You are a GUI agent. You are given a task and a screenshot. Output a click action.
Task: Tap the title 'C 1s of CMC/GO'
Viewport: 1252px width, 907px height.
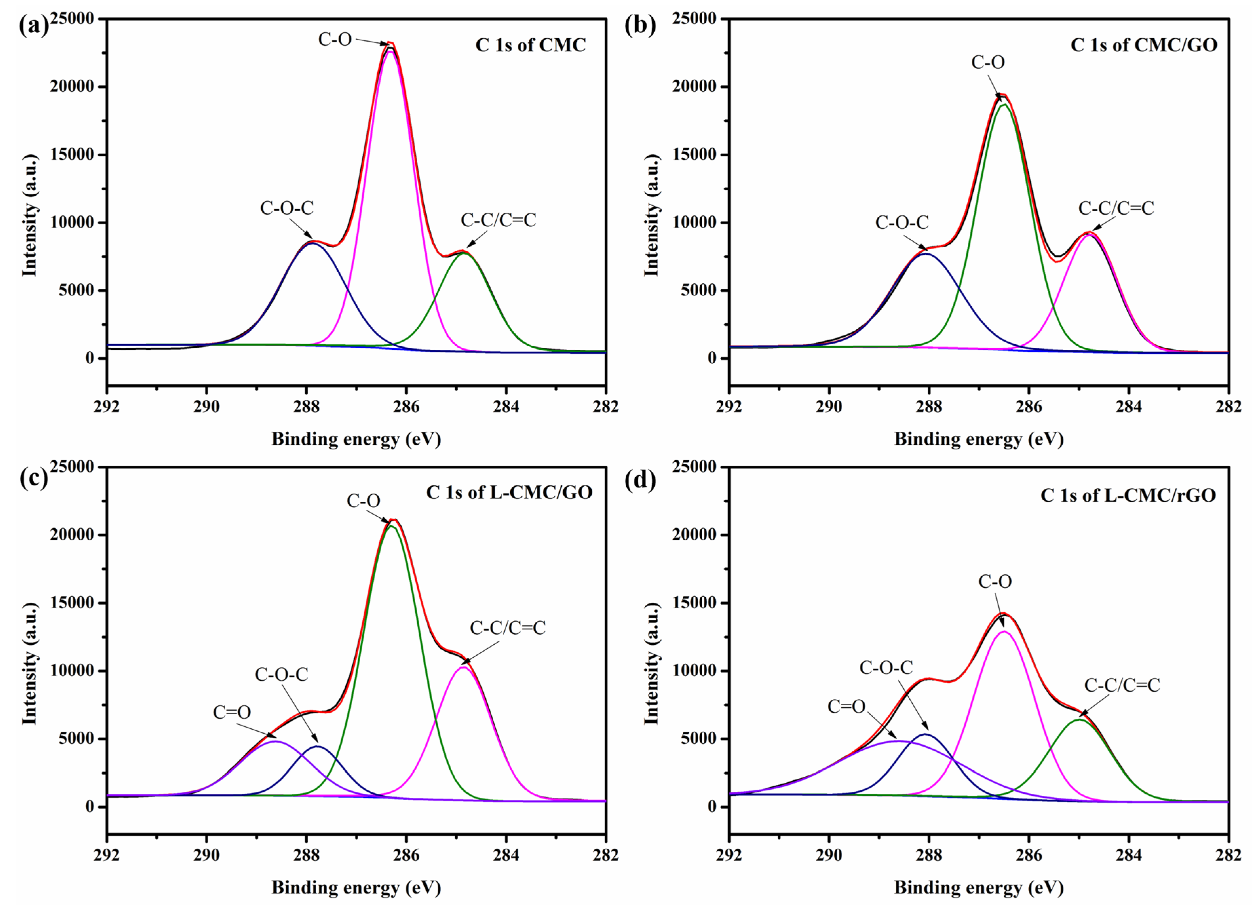1144,45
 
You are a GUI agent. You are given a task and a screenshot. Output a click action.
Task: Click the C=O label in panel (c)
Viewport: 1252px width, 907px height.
232,712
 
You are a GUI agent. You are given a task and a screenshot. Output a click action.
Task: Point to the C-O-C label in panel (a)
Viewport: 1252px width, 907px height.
286,208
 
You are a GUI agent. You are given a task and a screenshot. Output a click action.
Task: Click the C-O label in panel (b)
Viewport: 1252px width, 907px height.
988,62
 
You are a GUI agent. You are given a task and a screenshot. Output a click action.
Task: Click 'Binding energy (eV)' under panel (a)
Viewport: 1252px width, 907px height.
356,439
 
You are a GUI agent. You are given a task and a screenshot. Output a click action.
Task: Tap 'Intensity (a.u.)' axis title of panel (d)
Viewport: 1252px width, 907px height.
651,664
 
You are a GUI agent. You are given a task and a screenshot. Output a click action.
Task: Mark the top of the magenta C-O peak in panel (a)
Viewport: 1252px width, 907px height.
390,51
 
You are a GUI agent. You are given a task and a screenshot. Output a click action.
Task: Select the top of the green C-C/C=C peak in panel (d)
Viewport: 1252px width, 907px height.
1079,719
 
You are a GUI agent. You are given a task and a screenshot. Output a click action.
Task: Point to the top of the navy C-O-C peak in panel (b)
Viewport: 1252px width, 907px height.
926,254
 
